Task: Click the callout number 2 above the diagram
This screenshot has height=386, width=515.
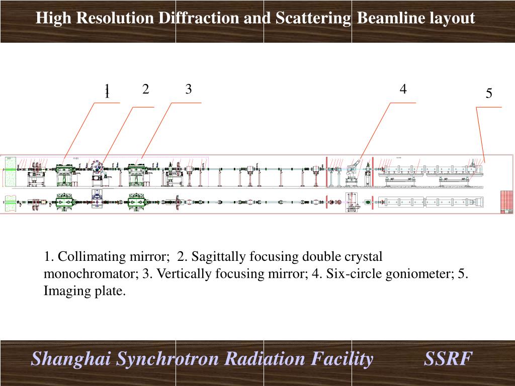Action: click(x=145, y=89)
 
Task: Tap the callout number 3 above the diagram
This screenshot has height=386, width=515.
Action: click(x=189, y=89)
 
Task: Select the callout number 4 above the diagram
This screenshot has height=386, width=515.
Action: click(x=403, y=89)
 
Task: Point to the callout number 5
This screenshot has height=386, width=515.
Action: click(x=489, y=94)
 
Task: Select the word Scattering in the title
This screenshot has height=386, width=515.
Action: click(x=313, y=19)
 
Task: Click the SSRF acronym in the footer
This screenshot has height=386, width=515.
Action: click(x=448, y=359)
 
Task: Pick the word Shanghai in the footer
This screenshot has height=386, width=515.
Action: click(x=71, y=359)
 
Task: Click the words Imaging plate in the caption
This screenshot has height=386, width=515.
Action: click(x=84, y=291)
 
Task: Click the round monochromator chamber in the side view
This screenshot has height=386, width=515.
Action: click(x=97, y=167)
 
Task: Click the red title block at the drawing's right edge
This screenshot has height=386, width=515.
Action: click(x=506, y=202)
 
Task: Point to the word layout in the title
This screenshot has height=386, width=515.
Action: click(x=452, y=19)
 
